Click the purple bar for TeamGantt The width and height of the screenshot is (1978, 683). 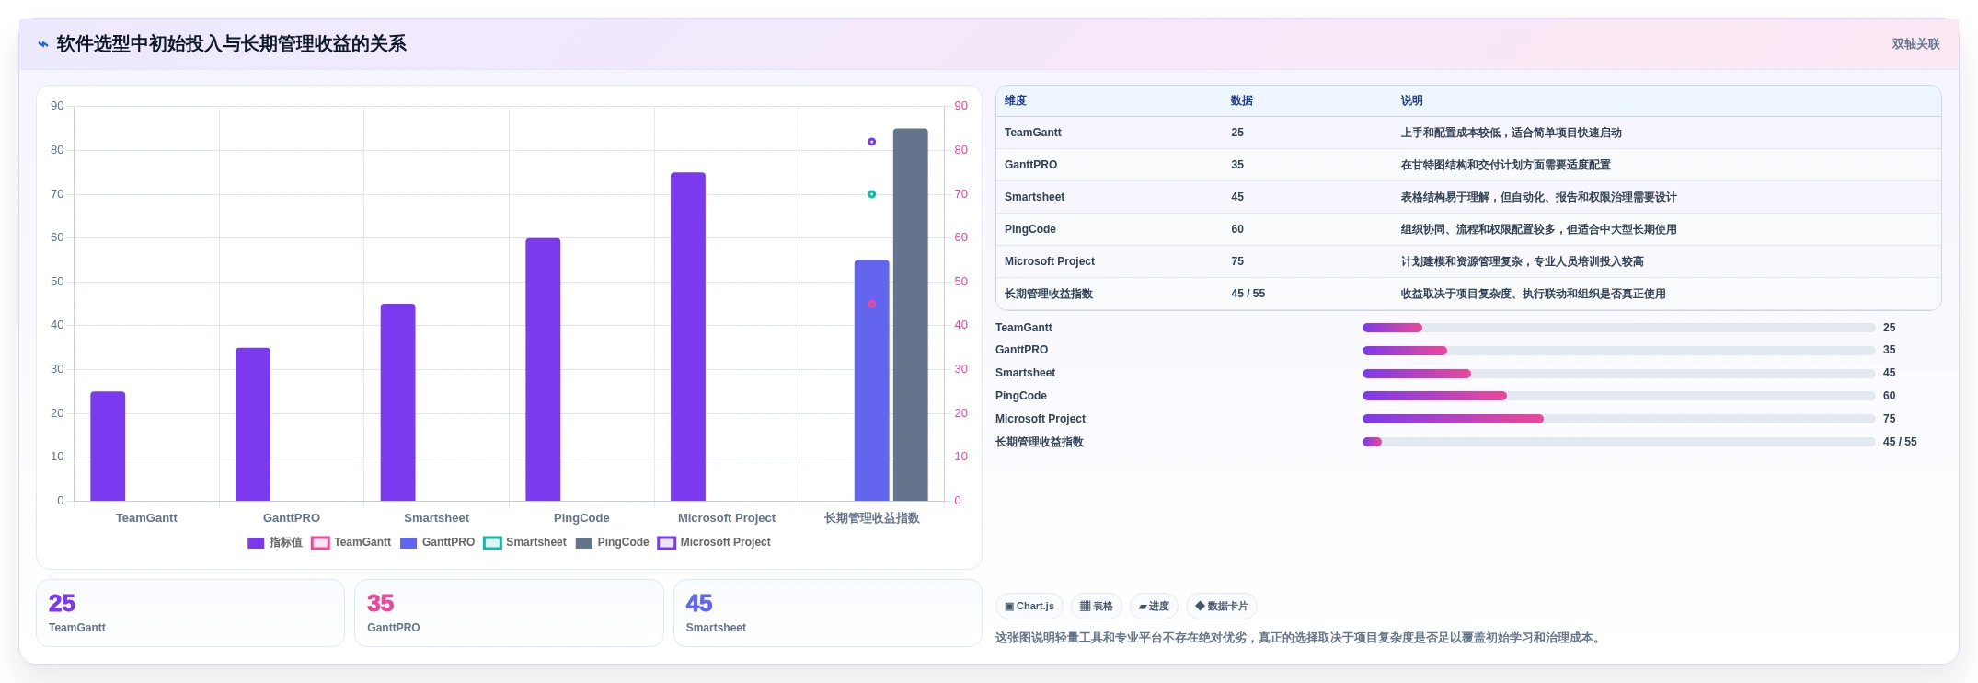click(108, 446)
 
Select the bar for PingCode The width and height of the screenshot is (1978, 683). click(543, 369)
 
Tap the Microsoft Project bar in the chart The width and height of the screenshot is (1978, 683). click(688, 337)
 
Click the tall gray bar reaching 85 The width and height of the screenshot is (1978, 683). click(910, 315)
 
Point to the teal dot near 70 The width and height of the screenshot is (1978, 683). click(871, 194)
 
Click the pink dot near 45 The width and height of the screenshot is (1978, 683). click(871, 304)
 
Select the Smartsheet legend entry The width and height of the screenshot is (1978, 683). click(525, 542)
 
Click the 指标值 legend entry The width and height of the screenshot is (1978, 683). click(275, 542)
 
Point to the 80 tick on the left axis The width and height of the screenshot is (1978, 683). click(57, 150)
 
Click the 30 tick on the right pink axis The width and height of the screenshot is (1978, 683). click(960, 369)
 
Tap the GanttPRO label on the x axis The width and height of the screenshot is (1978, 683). click(292, 518)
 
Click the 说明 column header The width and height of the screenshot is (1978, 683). click(1411, 100)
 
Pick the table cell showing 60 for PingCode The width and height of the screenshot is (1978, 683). click(1237, 229)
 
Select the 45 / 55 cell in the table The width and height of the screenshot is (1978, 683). click(1248, 294)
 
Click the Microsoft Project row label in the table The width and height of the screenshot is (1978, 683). click(1049, 261)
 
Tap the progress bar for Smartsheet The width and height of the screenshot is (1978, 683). click(1618, 374)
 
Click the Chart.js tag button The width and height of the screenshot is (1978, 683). click(1029, 607)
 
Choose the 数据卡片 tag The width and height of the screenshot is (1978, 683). click(1222, 607)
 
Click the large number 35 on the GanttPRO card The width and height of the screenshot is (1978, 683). click(380, 603)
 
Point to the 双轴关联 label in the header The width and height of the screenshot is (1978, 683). click(1915, 44)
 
